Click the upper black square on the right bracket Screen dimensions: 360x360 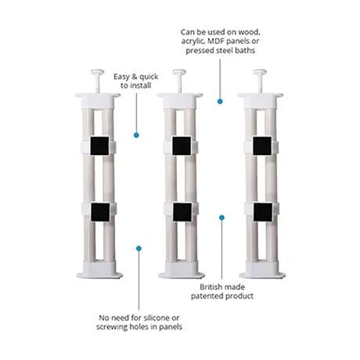click(x=261, y=146)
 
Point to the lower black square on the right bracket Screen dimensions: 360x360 click(x=261, y=211)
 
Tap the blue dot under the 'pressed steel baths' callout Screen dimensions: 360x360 click(x=221, y=100)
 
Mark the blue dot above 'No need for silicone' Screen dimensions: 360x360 click(x=139, y=248)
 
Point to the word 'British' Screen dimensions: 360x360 click(x=213, y=288)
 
